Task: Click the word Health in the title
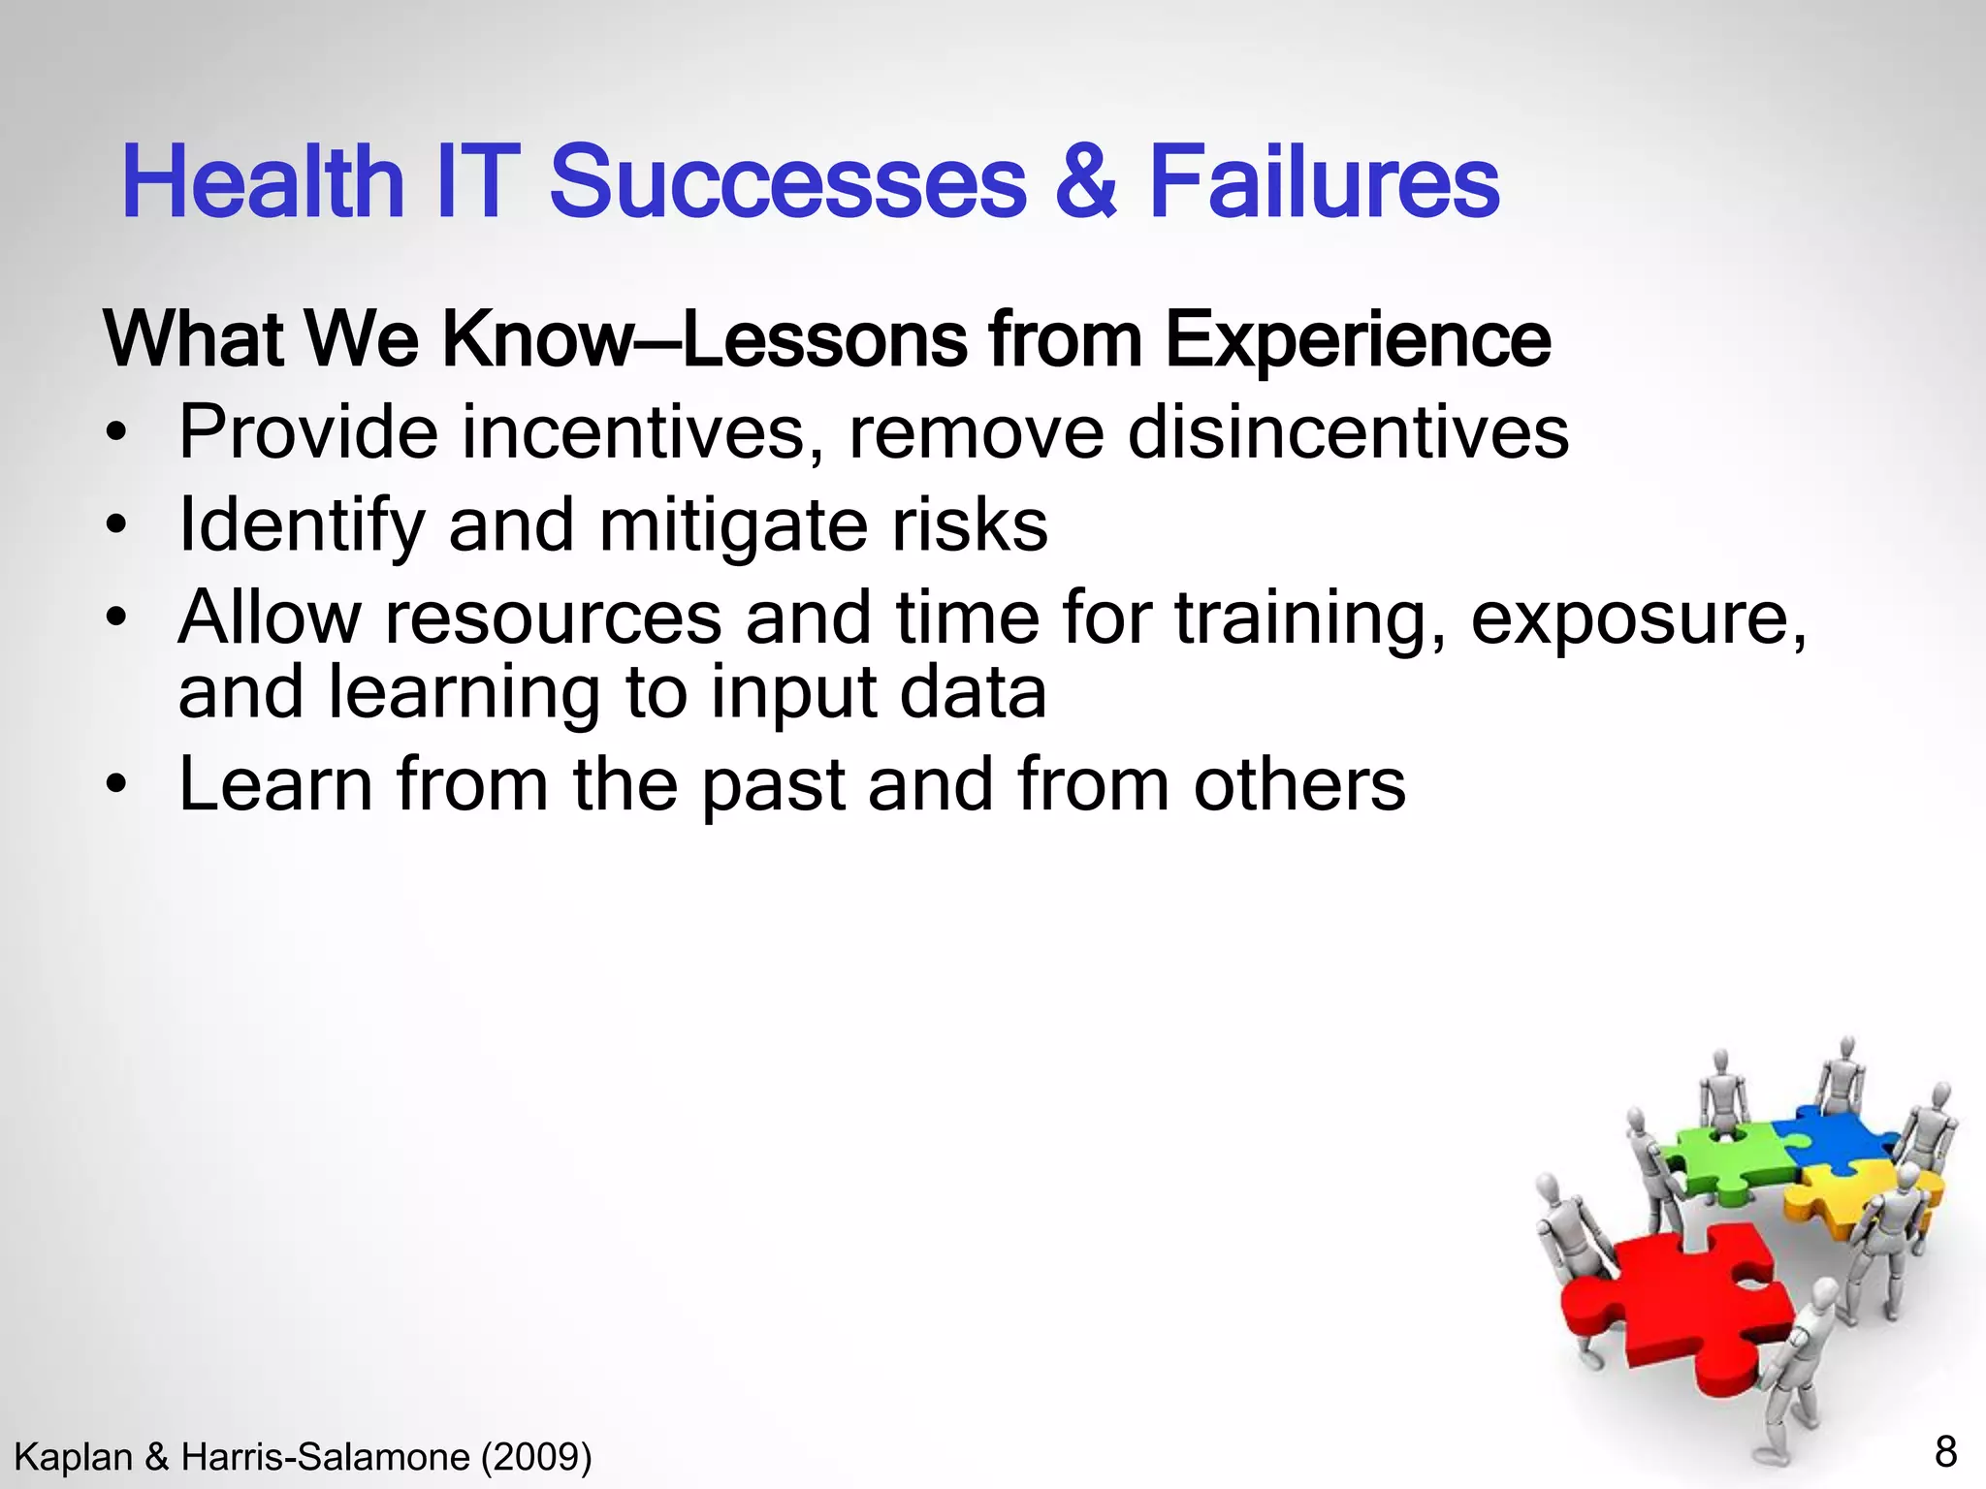click(x=262, y=182)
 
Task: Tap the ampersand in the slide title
click(x=1085, y=182)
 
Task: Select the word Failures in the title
click(x=1324, y=182)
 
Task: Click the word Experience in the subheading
click(x=1357, y=341)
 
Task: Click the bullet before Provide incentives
click(x=117, y=434)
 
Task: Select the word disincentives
click(x=1347, y=432)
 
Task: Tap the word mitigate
click(x=733, y=526)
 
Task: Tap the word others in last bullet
click(x=1298, y=784)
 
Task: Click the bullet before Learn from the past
click(x=117, y=786)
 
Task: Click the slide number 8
click(x=1945, y=1452)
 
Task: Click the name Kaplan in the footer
click(x=74, y=1457)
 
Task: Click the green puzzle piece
click(x=1716, y=1158)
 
